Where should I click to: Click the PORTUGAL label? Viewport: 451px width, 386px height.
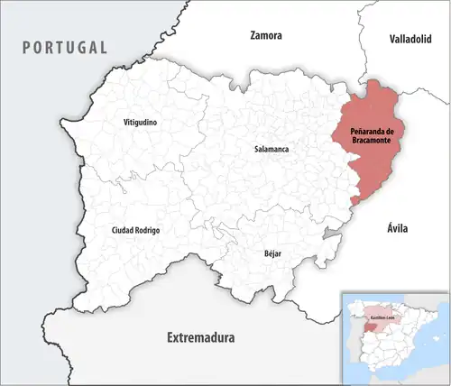coord(65,47)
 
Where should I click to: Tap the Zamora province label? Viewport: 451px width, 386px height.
coord(266,36)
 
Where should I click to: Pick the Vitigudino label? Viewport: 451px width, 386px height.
coord(142,121)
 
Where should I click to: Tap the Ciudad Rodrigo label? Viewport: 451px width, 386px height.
coord(135,231)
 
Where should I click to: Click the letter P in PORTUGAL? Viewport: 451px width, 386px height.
coord(28,47)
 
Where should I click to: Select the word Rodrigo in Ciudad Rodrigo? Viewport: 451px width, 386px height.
coord(147,231)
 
